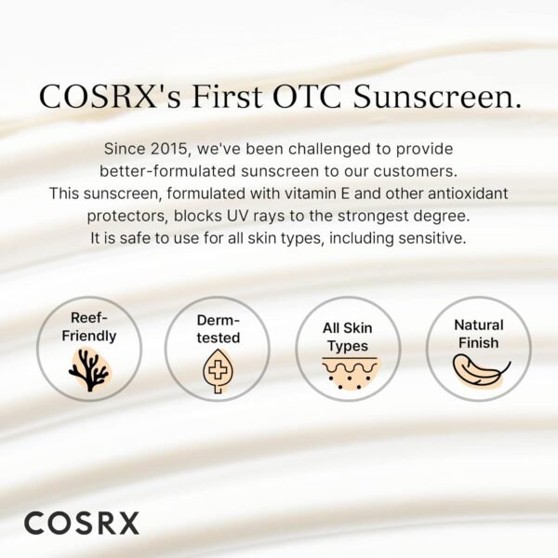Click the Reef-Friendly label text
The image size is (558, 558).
pos(89,327)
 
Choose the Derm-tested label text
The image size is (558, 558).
pos(217,328)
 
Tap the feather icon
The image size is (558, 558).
pos(478,369)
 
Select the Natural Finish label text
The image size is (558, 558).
pos(478,334)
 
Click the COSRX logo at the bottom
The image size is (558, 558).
pos(81,522)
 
